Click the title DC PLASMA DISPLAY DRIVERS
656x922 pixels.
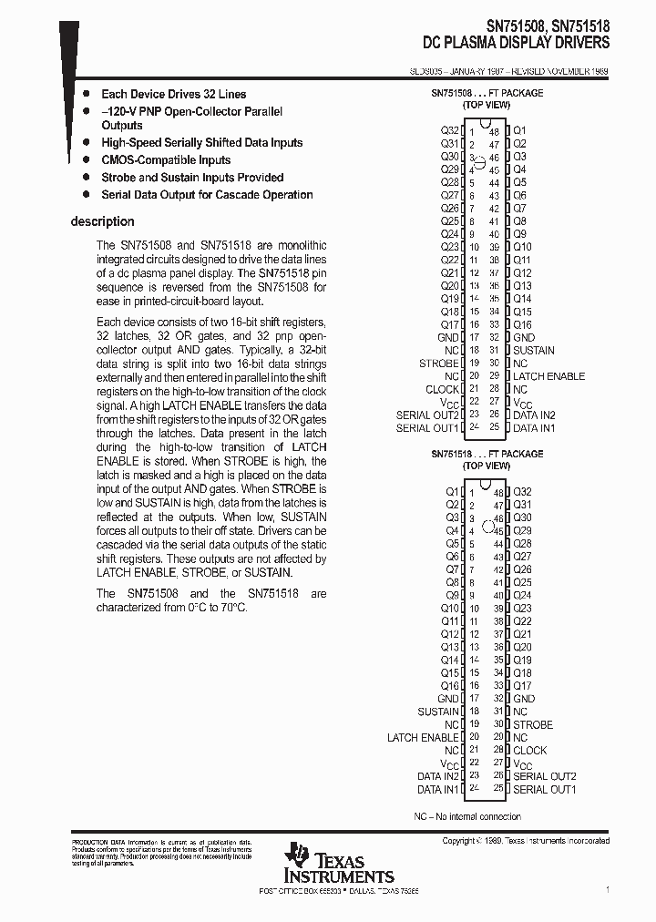[517, 43]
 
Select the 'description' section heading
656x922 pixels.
[102, 221]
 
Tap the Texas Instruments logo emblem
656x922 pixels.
[297, 856]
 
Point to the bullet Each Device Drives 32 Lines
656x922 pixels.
[173, 94]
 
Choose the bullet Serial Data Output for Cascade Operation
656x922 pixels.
[207, 194]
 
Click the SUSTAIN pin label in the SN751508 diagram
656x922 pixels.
[533, 350]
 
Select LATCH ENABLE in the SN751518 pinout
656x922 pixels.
[423, 737]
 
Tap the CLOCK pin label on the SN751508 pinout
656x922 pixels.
[442, 389]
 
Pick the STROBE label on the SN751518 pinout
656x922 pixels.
[532, 724]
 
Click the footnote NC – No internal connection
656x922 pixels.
[467, 816]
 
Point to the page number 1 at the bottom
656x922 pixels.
[608, 889]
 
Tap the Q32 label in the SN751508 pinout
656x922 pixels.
[449, 130]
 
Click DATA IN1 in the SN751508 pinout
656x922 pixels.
[534, 427]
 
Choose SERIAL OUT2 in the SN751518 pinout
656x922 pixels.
[544, 776]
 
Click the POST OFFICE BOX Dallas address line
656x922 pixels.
[339, 890]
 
